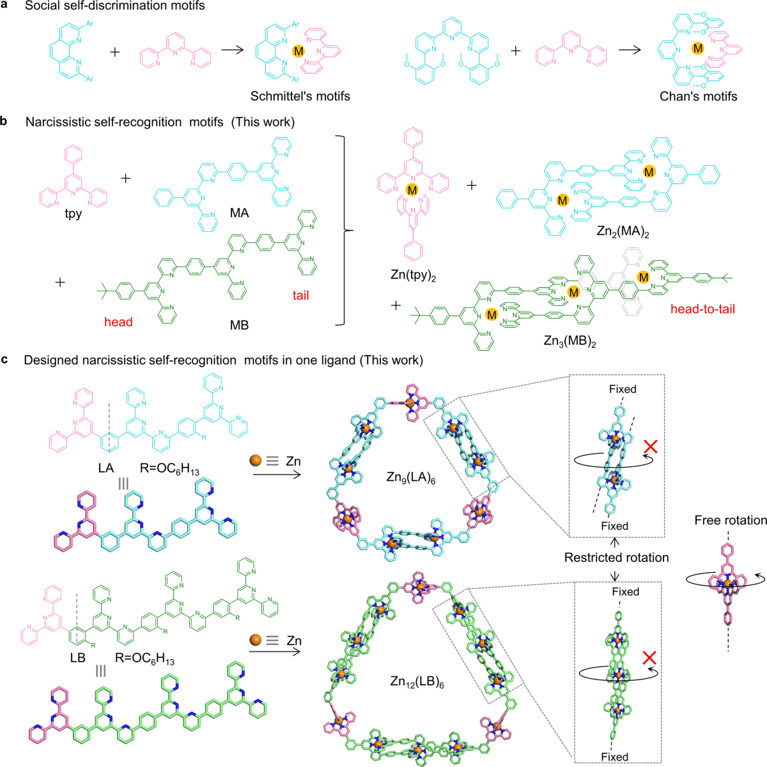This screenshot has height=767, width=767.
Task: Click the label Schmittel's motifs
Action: pyautogui.click(x=300, y=96)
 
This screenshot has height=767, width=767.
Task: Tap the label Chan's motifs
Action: pyautogui.click(x=698, y=96)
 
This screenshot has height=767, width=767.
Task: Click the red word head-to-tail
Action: pyautogui.click(x=702, y=308)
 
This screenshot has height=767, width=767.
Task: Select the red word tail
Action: pyautogui.click(x=300, y=295)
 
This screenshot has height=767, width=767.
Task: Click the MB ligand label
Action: pyautogui.click(x=238, y=326)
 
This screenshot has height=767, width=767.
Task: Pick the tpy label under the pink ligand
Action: pyautogui.click(x=74, y=214)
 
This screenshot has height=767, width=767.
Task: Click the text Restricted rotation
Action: pyautogui.click(x=616, y=558)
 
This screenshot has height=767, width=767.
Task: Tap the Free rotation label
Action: pyautogui.click(x=731, y=520)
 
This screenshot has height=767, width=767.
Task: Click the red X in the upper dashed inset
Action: pyautogui.click(x=651, y=446)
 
